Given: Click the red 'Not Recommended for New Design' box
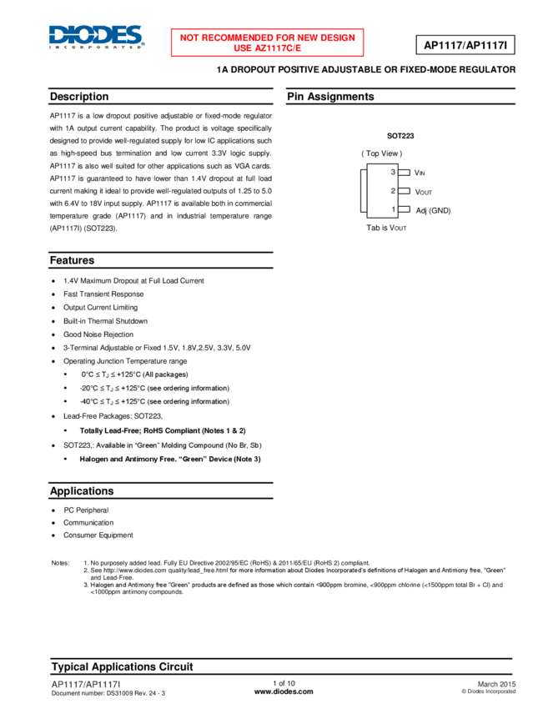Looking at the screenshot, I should point(268,43).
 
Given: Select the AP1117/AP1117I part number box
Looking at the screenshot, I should point(464,43).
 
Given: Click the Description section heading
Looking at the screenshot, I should point(79,97).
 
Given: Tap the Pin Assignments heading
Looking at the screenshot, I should point(330,97).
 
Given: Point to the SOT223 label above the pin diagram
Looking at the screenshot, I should point(400,135).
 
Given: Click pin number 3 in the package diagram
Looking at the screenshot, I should point(393,172).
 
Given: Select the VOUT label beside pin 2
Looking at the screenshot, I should point(423,192).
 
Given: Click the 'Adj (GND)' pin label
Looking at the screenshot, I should point(433,210).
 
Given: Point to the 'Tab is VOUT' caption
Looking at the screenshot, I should point(386,228).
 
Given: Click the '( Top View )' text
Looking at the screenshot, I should point(381,153).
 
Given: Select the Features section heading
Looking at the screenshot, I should point(72,260).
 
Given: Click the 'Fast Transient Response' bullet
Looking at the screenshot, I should point(103,294).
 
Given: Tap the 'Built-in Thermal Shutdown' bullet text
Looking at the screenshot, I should point(105,321).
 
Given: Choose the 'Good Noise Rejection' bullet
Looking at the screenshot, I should point(98,334).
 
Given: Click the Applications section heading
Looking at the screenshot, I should point(82,491).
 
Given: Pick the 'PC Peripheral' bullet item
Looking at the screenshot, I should point(86,510).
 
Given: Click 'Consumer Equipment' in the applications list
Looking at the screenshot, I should point(98,535).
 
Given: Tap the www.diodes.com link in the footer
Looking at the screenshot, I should point(284,691).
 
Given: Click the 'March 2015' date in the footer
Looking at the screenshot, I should point(496,684).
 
